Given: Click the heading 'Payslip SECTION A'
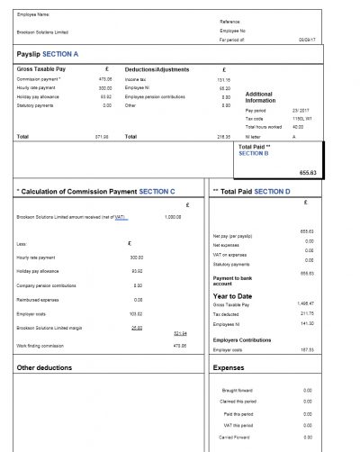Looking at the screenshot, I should pyautogui.click(x=49, y=54).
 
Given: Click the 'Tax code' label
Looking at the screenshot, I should pyautogui.click(x=255, y=118).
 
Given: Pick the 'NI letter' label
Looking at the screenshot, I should pyautogui.click(x=254, y=135).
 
